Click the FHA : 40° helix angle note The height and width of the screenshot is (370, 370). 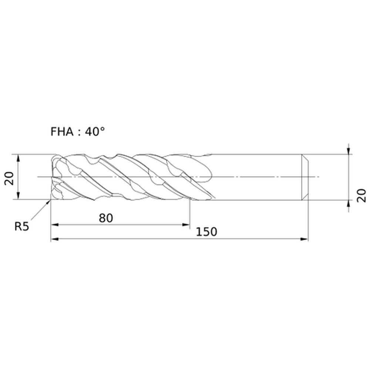(78, 131)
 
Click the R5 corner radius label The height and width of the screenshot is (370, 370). (22, 226)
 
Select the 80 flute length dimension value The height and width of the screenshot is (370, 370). (106, 218)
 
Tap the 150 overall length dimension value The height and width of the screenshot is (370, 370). (206, 232)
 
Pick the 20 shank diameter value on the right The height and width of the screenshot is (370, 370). (361, 195)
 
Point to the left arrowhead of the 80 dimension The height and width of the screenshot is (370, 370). (55, 225)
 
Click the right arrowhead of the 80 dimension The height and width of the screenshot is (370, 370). (186, 225)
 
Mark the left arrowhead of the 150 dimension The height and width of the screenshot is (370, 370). (55, 239)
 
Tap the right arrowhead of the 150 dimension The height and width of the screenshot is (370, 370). (305, 239)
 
